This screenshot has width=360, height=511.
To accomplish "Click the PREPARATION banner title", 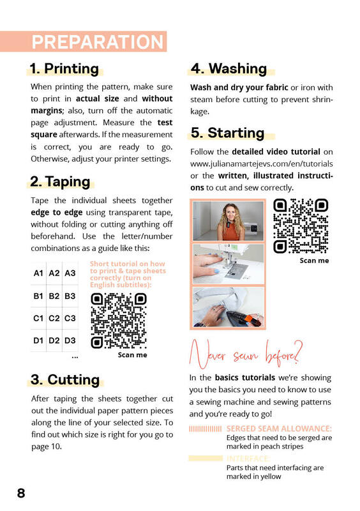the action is click(98, 42).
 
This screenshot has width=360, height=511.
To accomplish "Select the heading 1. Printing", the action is click(64, 69).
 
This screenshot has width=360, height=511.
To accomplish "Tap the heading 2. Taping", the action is click(60, 181).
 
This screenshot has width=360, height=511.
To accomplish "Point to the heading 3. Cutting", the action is click(65, 379).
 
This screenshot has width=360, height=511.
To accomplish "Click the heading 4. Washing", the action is click(229, 69).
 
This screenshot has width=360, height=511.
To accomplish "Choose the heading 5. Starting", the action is click(227, 133).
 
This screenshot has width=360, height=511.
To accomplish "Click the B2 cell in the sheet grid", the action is click(54, 296).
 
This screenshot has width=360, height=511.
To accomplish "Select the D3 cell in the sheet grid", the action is click(70, 340).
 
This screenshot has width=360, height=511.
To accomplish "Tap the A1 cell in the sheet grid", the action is click(38, 273).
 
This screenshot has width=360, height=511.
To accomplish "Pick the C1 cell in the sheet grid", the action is click(38, 318).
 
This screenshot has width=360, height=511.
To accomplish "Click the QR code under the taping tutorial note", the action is click(119, 321).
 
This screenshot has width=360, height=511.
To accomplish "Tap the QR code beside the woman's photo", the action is click(301, 226).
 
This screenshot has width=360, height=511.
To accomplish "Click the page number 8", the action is click(21, 493).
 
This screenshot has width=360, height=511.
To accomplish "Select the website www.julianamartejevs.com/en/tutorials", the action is click(262, 164).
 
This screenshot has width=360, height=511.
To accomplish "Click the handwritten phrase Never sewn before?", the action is click(246, 355).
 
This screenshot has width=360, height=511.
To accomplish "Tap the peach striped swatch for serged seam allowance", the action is click(206, 429).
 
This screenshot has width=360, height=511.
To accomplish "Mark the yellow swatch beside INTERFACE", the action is click(206, 458).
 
